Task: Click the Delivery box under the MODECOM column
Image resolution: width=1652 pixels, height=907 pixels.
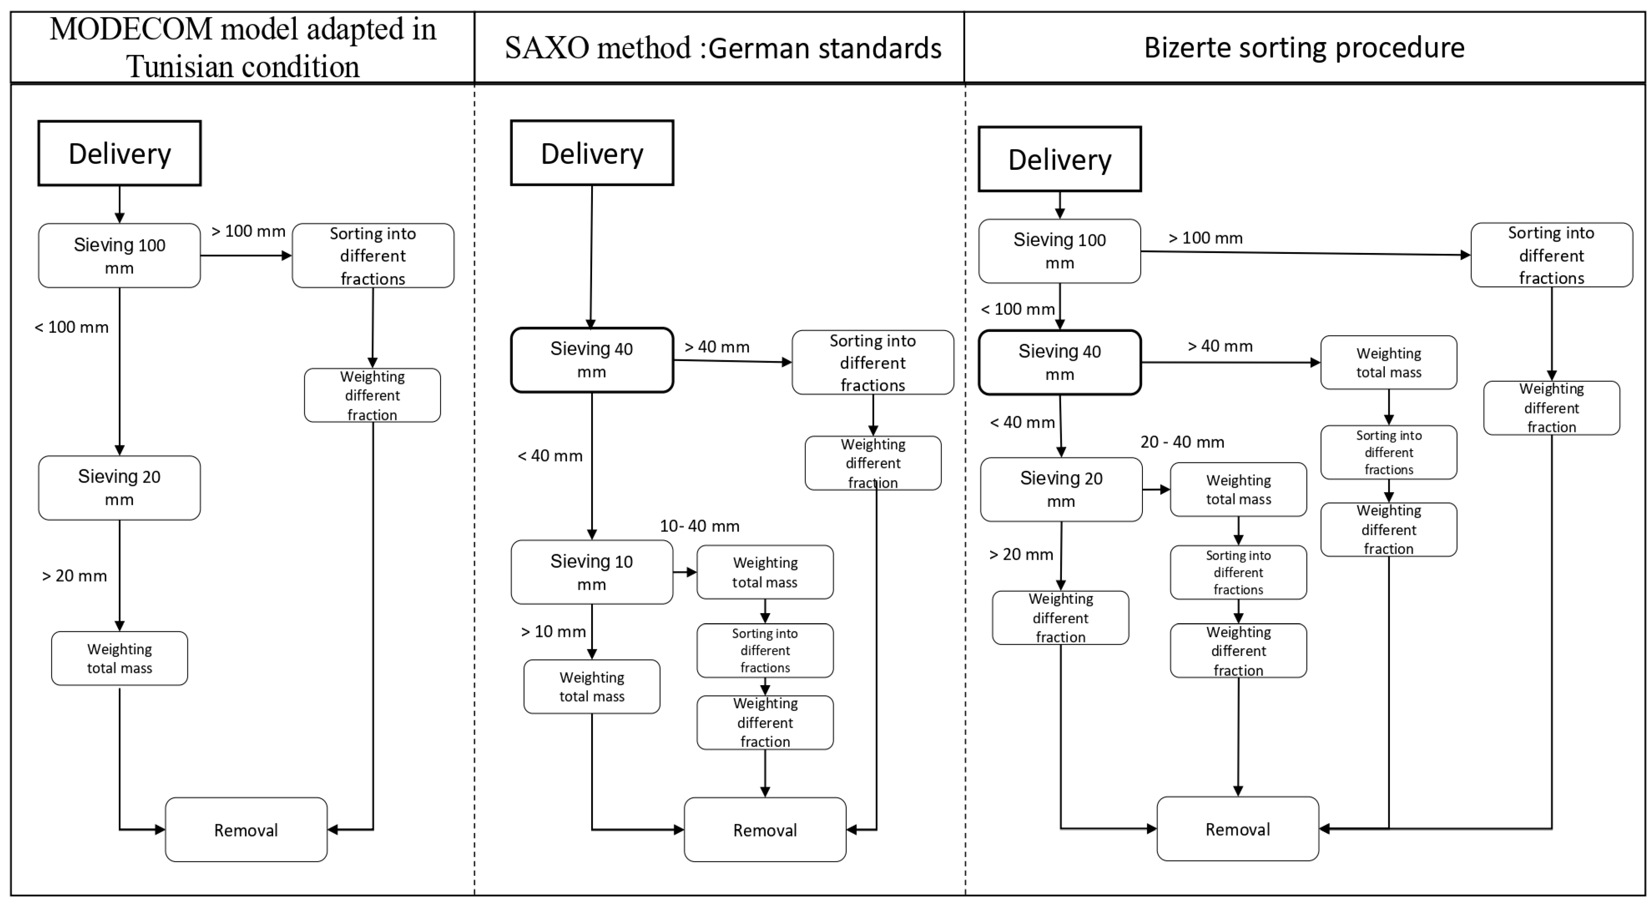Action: point(119,153)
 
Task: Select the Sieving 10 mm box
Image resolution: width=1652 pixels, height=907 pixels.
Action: point(591,572)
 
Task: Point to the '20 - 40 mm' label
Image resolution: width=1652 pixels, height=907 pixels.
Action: point(1182,442)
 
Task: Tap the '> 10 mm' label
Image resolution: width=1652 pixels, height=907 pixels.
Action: point(553,632)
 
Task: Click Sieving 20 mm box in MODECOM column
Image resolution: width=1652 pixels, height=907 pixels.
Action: point(119,487)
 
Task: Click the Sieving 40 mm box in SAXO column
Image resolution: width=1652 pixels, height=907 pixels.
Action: point(591,360)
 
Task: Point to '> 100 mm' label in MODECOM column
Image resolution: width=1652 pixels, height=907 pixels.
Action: point(248,231)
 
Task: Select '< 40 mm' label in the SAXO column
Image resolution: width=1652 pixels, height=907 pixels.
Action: point(550,456)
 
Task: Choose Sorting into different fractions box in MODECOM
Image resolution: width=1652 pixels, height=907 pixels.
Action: point(373,255)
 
